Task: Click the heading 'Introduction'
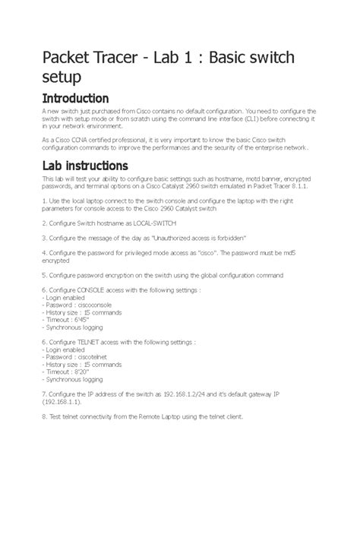click(x=75, y=99)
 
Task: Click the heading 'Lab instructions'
click(x=84, y=166)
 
